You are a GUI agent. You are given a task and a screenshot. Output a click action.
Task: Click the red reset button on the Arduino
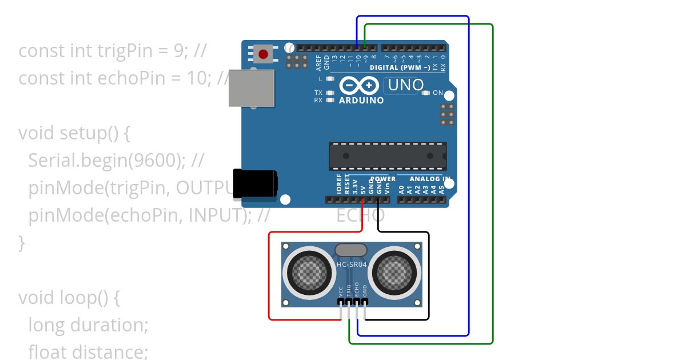[263, 54]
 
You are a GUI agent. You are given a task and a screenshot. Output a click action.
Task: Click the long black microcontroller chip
[388, 156]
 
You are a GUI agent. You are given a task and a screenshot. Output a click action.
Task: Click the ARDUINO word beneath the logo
[361, 101]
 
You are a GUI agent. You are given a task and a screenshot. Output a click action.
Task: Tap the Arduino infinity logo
[359, 86]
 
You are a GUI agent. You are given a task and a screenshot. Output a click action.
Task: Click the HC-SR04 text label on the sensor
[352, 265]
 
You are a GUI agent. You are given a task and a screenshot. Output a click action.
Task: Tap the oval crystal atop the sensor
[351, 250]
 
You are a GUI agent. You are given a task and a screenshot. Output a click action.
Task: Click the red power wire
[270, 274]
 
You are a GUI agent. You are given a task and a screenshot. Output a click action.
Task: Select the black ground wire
[428, 274]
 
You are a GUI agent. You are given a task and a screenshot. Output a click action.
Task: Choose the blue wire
[469, 171]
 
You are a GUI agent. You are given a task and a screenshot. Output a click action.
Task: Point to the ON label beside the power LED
[437, 93]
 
